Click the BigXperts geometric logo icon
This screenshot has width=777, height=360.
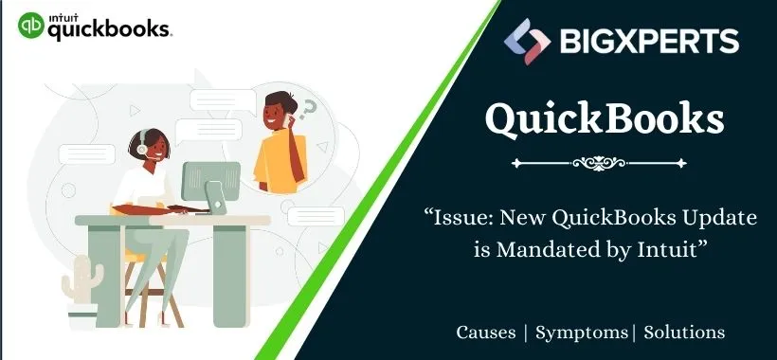(528, 41)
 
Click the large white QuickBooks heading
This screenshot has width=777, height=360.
(605, 121)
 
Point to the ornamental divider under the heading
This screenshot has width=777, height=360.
(605, 163)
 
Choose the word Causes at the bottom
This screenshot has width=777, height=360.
(486, 333)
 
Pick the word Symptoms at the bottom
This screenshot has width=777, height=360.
(581, 333)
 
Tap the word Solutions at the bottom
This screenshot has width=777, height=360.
(685, 333)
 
